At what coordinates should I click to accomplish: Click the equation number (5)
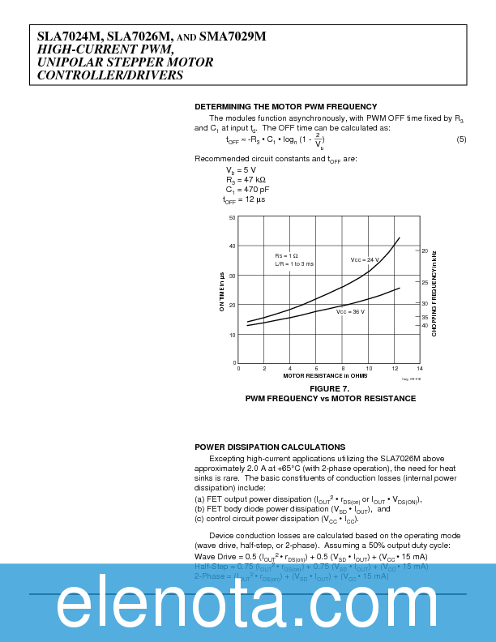pyautogui.click(x=461, y=140)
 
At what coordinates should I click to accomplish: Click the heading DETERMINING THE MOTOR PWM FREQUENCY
pyautogui.click(x=285, y=107)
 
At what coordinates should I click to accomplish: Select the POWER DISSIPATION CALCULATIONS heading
pyautogui.click(x=270, y=447)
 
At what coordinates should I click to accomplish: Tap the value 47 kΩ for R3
pyautogui.click(x=254, y=179)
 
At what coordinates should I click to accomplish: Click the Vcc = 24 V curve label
pyautogui.click(x=365, y=259)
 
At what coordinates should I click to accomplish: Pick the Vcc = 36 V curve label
pyautogui.click(x=351, y=311)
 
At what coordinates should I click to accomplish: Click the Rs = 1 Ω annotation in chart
pyautogui.click(x=286, y=255)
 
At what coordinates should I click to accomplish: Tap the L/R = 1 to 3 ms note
pyautogui.click(x=294, y=264)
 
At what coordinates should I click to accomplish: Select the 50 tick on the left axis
pyautogui.click(x=232, y=218)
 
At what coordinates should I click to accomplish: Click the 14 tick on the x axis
pyautogui.click(x=420, y=369)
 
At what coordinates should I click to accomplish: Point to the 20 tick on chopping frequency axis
pyautogui.click(x=425, y=250)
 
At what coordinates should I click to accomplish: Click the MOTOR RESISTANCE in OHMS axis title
pyautogui.click(x=325, y=376)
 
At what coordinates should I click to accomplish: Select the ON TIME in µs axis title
pyautogui.click(x=221, y=291)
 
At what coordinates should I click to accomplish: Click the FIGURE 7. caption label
pyautogui.click(x=330, y=389)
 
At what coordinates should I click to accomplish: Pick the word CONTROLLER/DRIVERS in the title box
pyautogui.click(x=110, y=75)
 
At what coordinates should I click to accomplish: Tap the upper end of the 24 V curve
pyautogui.click(x=400, y=238)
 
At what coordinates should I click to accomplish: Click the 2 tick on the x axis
pyautogui.click(x=264, y=369)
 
